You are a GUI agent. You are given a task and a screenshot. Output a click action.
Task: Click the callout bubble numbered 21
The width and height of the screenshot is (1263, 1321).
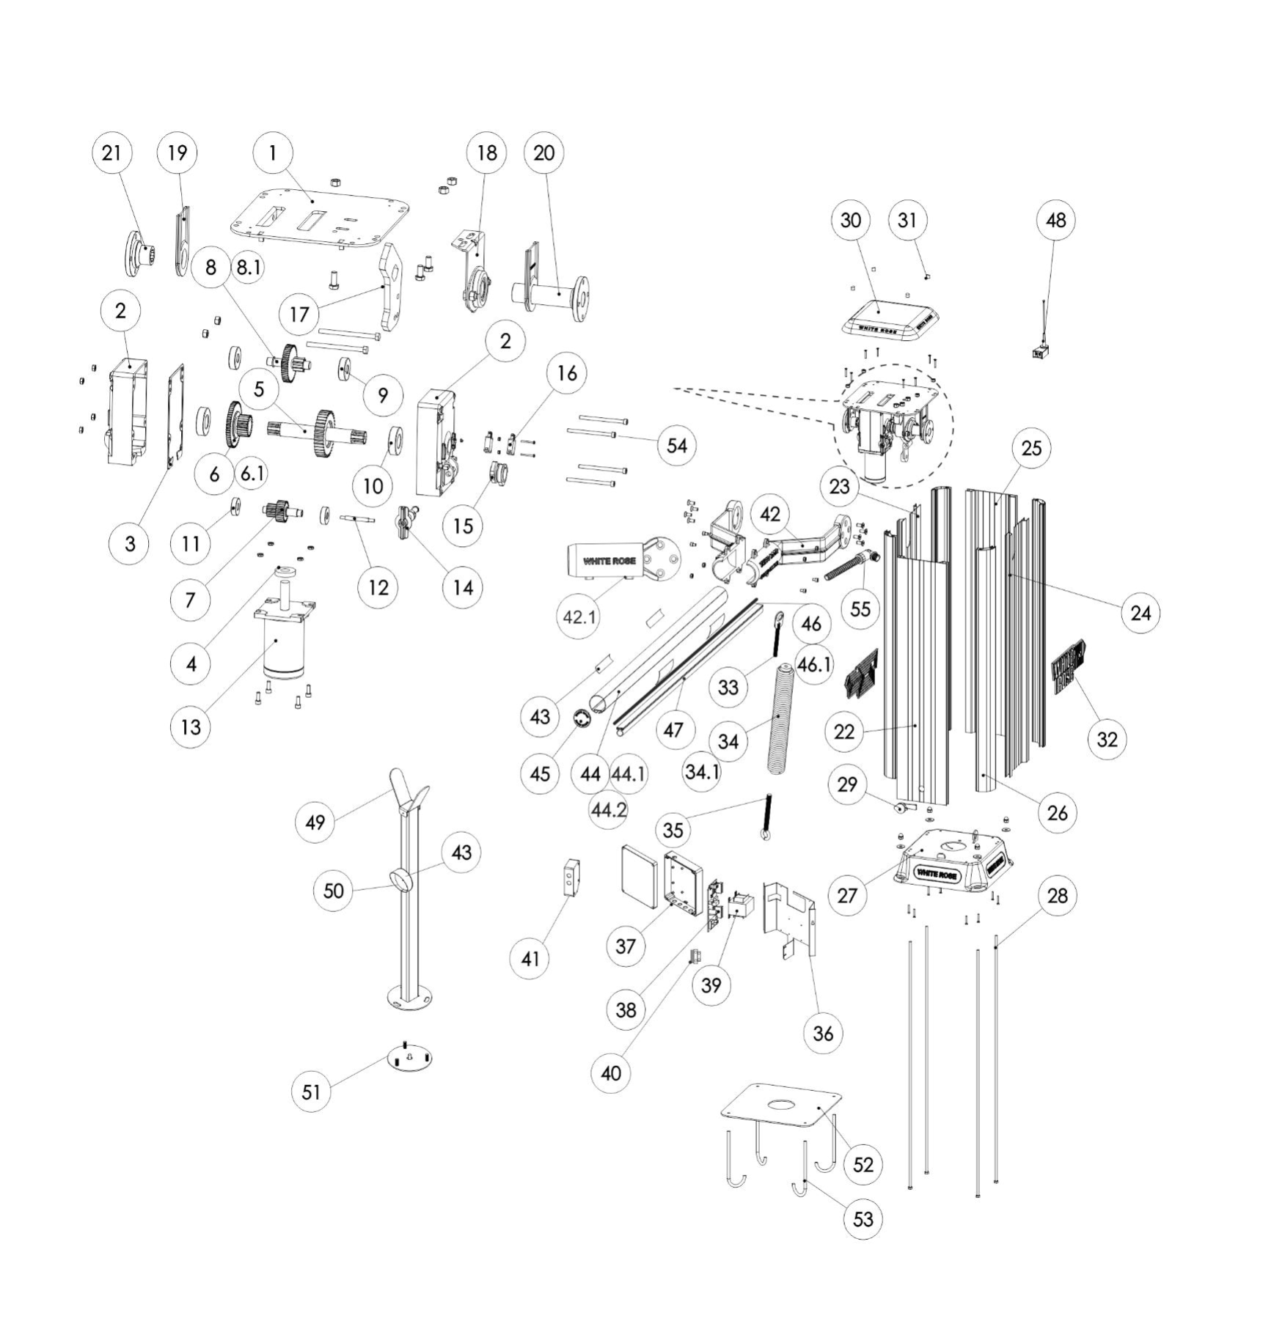[111, 153]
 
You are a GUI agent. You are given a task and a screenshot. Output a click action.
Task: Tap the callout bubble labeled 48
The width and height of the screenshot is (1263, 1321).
[1055, 220]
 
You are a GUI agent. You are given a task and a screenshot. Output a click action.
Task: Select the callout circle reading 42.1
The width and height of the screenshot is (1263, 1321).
[579, 617]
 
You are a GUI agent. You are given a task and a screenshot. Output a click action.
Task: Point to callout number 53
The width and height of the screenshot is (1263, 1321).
[863, 1219]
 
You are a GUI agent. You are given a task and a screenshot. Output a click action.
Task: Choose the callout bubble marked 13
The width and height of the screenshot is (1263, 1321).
[191, 727]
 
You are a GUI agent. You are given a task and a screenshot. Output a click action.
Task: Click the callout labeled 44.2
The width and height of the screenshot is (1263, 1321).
[609, 810]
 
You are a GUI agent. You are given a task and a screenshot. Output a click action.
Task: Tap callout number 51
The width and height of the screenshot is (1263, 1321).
[311, 1092]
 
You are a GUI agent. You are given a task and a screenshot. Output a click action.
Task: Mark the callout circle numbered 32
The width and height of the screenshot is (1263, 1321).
[1107, 739]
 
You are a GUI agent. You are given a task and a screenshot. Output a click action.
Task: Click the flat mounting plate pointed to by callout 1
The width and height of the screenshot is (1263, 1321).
[319, 214]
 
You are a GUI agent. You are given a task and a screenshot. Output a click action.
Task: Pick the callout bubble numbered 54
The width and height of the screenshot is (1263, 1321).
[676, 446]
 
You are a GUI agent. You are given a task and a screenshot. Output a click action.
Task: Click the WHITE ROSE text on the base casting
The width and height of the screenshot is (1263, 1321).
[937, 874]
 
